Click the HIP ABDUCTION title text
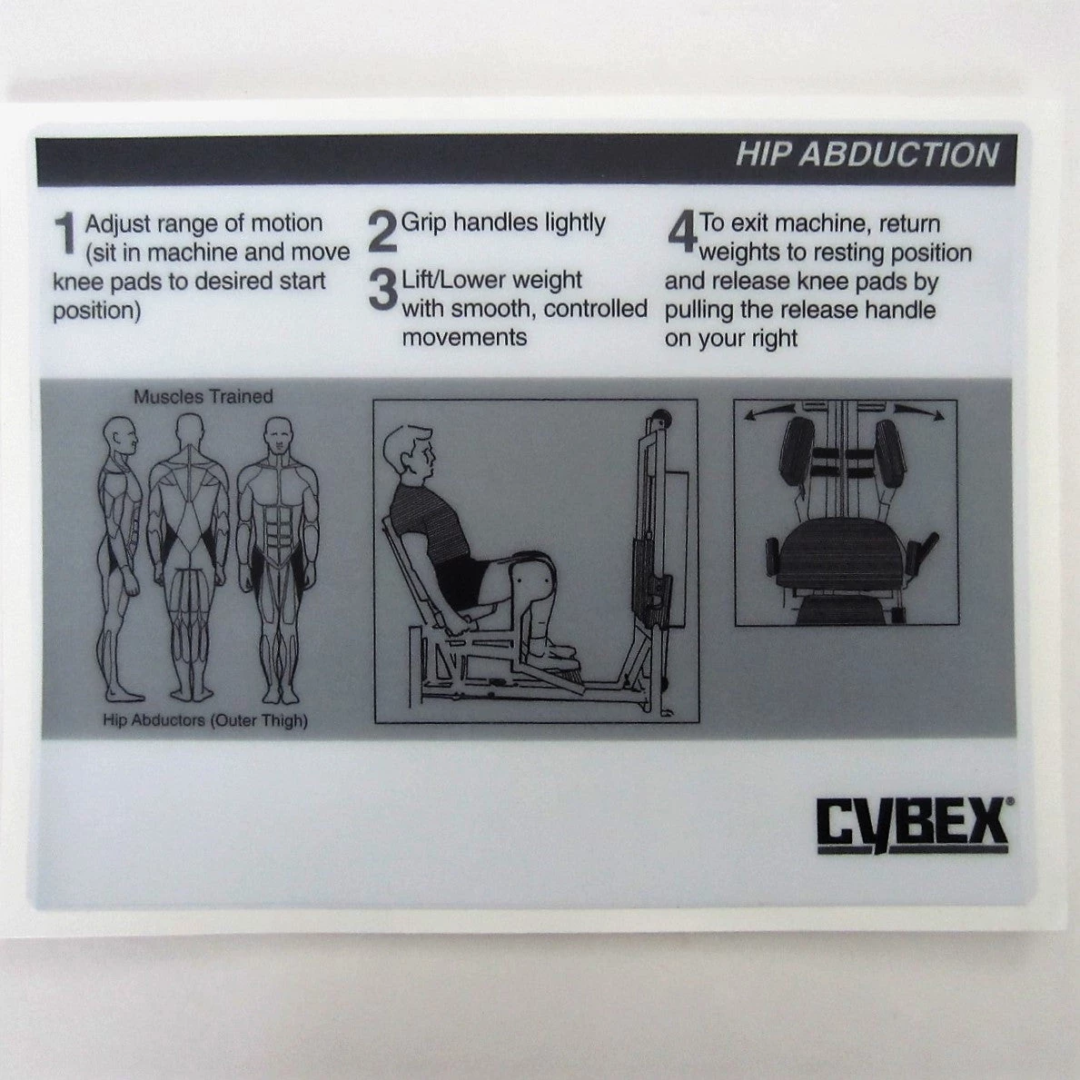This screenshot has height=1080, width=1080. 867,155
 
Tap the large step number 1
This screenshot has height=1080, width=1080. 66,233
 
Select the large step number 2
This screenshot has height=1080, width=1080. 382,233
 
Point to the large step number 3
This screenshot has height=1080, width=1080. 383,289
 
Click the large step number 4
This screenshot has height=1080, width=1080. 682,233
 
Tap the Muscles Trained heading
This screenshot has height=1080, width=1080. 203,397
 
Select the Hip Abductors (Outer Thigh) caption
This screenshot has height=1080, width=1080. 205,721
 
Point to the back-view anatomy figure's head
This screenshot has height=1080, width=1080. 190,431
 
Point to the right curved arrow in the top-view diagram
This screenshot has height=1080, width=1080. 919,411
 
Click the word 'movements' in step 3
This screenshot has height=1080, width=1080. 464,338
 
